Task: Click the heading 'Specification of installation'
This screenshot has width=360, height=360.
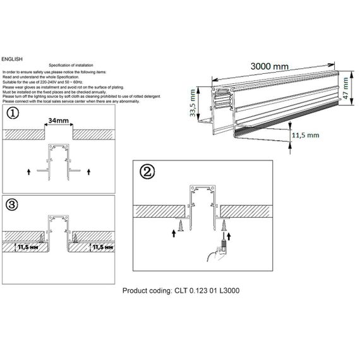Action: (76, 66)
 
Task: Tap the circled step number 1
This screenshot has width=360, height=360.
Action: (13, 114)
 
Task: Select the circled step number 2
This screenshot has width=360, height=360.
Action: (147, 171)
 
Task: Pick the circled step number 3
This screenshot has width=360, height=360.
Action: (13, 204)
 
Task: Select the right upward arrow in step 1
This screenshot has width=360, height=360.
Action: (90, 171)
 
